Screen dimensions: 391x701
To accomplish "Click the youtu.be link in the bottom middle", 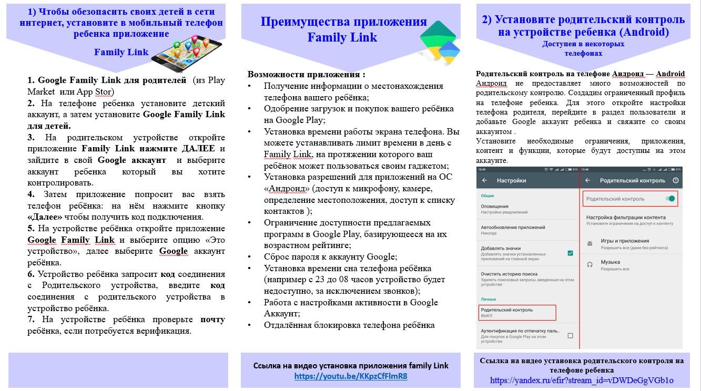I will pos(351,376).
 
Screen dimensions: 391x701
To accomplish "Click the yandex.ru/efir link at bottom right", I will pos(582,380).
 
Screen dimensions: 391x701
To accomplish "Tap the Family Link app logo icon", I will pos(440,42).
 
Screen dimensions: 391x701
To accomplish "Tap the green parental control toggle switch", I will pos(670,199).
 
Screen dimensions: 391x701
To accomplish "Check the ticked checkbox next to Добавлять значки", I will pos(570,253).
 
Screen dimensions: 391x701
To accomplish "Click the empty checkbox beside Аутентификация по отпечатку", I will pos(570,335).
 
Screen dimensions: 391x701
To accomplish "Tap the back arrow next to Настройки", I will pos(484,180).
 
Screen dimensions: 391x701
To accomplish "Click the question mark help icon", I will pos(676,180).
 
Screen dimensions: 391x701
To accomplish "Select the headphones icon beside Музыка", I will pos(590,264).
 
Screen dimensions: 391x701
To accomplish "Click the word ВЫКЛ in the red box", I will pos(486,315).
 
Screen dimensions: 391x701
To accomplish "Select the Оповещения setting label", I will pos(494,207).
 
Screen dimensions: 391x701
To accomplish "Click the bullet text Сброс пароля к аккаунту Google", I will pos(330,257).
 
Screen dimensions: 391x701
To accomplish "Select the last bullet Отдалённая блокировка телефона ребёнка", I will pos(349,325).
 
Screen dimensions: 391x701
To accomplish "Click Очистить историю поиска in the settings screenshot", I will pos(509,274).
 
